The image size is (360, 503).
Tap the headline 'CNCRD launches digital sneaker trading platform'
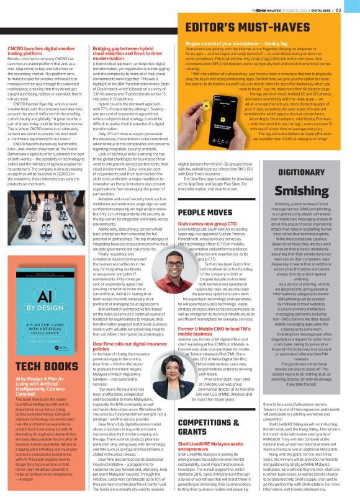coord(38,50)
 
